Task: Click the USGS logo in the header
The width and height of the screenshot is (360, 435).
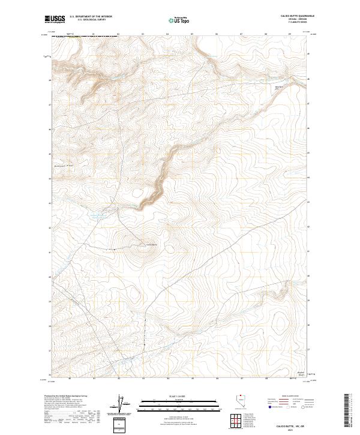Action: tap(55, 19)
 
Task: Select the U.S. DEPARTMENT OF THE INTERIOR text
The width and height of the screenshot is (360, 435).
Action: tap(91, 16)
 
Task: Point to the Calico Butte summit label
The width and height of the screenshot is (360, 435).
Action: tap(151, 244)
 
